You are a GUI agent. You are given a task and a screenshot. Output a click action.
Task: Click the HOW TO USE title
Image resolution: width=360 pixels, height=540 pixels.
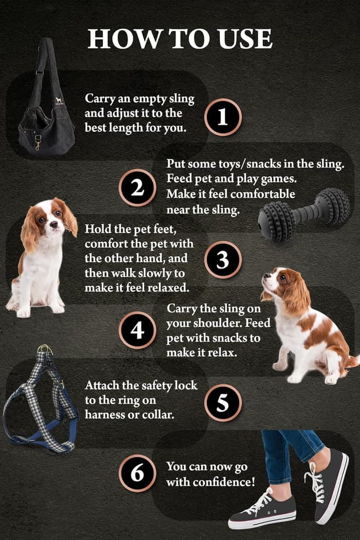tap(180, 38)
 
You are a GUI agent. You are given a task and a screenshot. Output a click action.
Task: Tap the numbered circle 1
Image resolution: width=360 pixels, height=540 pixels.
tap(223, 117)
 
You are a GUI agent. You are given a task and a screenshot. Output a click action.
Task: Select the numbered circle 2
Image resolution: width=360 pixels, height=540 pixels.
tap(137, 188)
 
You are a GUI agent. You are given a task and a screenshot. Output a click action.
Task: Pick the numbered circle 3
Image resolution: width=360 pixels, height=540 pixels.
tap(223, 260)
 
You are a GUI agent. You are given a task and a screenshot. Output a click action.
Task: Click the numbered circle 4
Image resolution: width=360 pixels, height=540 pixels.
tap(137, 330)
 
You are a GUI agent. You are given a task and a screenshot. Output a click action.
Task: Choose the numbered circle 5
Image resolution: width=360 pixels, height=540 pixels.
tap(223, 403)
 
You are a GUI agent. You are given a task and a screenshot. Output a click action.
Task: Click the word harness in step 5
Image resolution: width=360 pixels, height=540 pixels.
tap(105, 414)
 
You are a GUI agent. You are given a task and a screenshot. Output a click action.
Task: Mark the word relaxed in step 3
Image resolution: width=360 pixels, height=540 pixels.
tap(164, 287)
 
